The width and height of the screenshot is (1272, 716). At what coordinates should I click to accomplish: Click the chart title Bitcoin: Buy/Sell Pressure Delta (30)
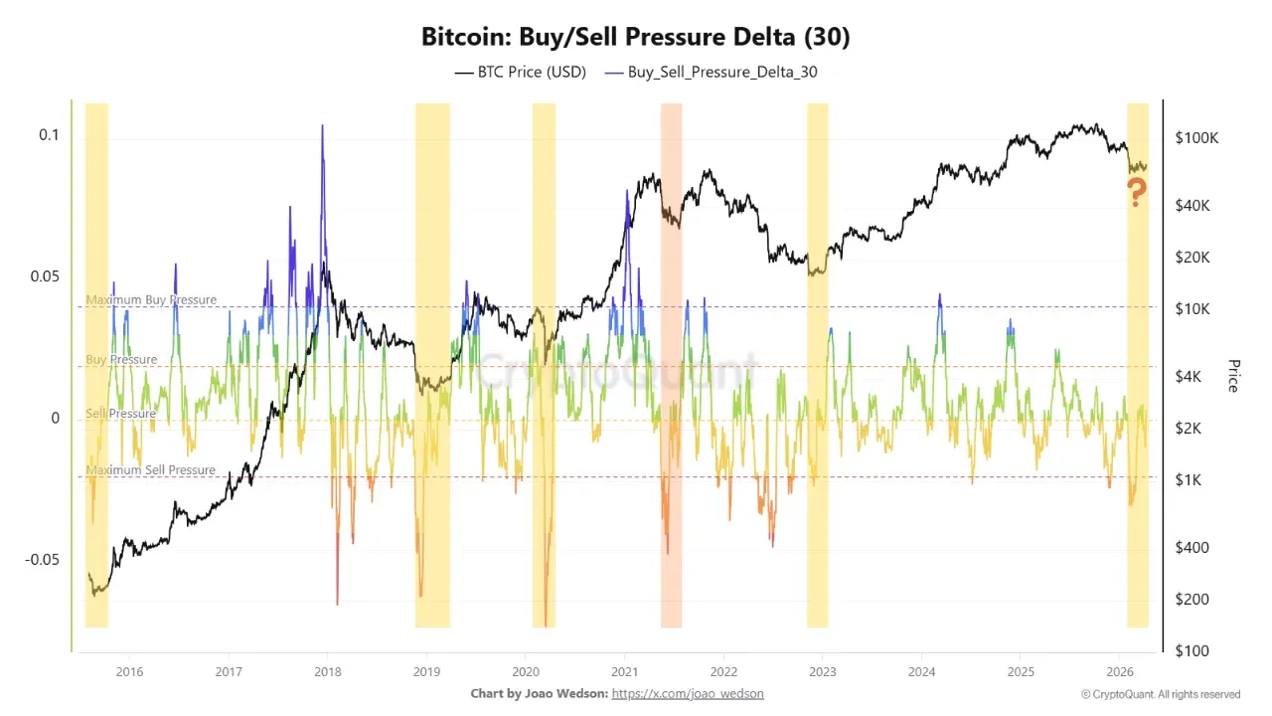[x=636, y=38]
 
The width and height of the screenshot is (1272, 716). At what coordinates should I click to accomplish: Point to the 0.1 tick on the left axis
[x=49, y=135]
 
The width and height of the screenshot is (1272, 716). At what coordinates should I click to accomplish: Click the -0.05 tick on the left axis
[x=42, y=559]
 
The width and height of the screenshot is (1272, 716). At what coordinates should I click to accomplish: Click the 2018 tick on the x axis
[x=328, y=670]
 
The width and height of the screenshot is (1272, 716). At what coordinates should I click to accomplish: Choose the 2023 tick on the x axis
[x=822, y=670]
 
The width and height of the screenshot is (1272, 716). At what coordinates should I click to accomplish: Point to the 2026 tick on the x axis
[x=1120, y=670]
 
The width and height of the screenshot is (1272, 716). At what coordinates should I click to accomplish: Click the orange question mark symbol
[x=1137, y=193]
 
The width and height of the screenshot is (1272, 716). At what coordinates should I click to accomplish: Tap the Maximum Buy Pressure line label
[x=150, y=299]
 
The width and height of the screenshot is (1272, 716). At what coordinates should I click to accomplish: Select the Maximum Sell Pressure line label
[x=150, y=469]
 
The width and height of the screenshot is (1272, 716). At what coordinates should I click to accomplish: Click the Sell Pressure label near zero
[x=120, y=413]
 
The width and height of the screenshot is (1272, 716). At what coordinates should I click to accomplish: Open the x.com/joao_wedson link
[x=688, y=693]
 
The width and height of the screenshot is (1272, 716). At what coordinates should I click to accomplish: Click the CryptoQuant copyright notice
[x=1161, y=694]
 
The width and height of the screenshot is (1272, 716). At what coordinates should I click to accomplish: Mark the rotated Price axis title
[x=1234, y=376]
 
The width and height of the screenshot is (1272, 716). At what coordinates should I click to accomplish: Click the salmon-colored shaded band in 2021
[x=671, y=398]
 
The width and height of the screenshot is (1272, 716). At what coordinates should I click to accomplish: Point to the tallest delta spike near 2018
[x=322, y=127]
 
